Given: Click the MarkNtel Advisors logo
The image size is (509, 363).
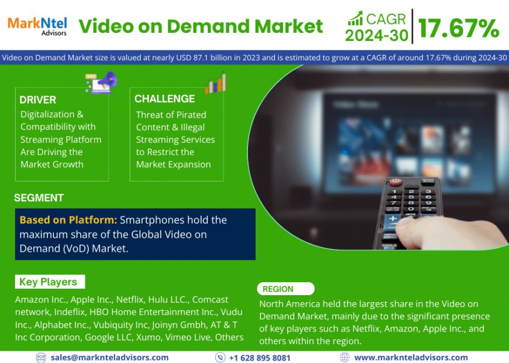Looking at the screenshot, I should point(37,25).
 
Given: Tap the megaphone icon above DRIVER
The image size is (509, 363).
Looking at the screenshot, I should point(101,81).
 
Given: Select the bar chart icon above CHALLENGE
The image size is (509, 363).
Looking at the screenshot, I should point(215,82).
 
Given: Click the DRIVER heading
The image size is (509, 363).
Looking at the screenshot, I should point(37,100).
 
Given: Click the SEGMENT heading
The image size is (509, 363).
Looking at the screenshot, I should point(39,198).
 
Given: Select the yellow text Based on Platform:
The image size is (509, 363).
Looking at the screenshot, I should point(68,220).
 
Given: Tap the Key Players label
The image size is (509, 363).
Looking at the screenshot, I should point(48,282).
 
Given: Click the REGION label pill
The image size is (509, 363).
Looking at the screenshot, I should point(286,289).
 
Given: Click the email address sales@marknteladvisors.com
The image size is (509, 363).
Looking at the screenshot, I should point(109,357).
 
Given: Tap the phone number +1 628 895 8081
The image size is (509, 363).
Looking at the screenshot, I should point(259,357).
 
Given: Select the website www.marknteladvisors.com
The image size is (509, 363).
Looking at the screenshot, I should point(411,357).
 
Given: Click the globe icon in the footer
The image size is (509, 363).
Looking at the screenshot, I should point(345,357).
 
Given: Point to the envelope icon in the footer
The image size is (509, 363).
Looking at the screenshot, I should point(41,357).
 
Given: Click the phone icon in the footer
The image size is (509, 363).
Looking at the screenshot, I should point(220,357).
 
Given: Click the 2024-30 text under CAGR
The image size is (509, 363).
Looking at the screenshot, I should point(376,36).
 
